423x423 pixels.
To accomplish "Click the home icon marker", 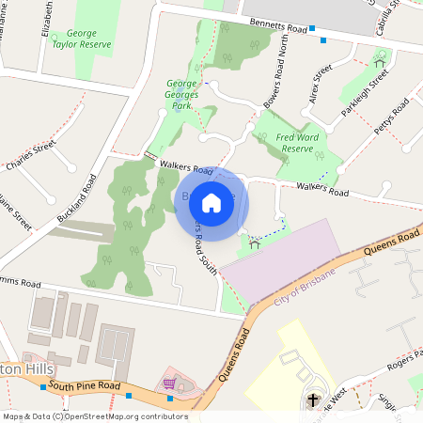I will (x=211, y=202).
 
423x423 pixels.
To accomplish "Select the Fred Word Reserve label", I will (x=297, y=142).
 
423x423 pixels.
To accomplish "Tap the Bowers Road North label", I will (x=279, y=79).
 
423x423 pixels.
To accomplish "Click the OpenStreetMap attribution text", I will (x=94, y=416).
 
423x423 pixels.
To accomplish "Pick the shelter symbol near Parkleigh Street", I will (x=379, y=63).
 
